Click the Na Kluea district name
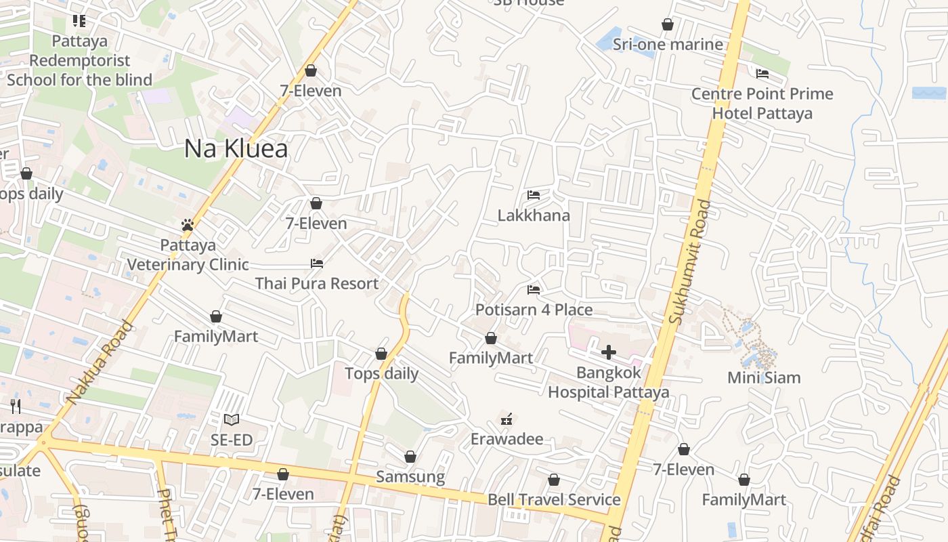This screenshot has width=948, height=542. tap(236, 149)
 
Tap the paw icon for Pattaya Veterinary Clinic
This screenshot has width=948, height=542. tap(188, 225)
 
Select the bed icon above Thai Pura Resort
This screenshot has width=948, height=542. tap(316, 264)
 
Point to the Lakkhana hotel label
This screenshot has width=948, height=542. tap(534, 215)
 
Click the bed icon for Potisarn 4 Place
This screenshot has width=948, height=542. tap(534, 290)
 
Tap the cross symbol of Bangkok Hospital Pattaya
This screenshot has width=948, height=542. tap(608, 352)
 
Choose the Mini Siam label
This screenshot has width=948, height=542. tap(764, 377)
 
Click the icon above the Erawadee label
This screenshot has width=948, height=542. tap(507, 419)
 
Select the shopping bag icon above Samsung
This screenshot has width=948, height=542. tap(410, 457)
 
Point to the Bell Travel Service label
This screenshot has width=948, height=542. tap(554, 500)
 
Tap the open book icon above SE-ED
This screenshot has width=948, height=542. tap(232, 420)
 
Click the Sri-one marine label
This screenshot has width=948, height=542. tap(668, 45)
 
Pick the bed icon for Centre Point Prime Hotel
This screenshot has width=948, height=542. tap(762, 74)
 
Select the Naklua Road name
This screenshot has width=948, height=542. tap(100, 362)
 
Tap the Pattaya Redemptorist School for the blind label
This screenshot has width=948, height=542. tap(79, 60)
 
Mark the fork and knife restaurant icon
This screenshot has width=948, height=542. tap(16, 406)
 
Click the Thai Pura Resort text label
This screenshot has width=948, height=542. tap(317, 283)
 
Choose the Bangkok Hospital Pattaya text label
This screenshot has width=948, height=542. tap(608, 382)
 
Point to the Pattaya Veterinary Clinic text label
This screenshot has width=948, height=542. tap(188, 254)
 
